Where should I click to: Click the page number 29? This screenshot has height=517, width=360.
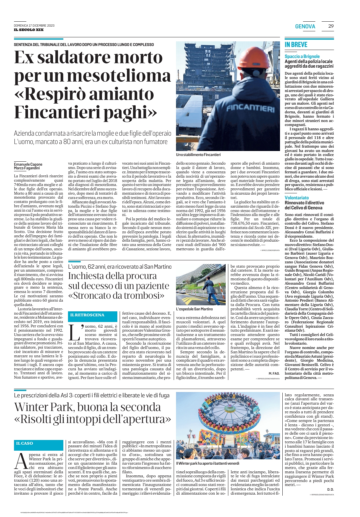click(x=331, y=26)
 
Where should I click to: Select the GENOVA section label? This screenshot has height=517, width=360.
click(x=305, y=26)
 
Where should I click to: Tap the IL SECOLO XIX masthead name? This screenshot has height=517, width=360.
click(x=29, y=30)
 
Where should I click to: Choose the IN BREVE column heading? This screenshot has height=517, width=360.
click(x=296, y=45)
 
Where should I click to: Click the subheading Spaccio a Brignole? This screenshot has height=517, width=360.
click(x=302, y=56)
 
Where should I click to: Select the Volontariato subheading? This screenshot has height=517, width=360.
click(x=297, y=198)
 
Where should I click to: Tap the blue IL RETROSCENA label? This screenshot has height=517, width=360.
click(x=87, y=315)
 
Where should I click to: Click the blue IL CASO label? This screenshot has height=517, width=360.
click(x=25, y=443)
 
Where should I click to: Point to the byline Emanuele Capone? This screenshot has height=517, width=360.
click(x=28, y=164)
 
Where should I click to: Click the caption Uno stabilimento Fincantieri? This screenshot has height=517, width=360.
click(x=198, y=155)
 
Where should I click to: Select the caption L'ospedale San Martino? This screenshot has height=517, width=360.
click(x=194, y=309)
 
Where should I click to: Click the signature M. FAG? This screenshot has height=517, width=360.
click(x=274, y=373)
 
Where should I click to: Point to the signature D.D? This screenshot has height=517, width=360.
click(x=330, y=489)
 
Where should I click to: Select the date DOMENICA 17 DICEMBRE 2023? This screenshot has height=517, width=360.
click(x=34, y=26)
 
